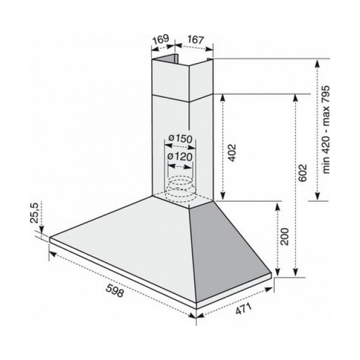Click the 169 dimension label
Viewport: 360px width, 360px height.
tap(161, 39)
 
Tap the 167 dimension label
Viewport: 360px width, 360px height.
tap(196, 40)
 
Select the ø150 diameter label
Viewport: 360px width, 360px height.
tap(181, 139)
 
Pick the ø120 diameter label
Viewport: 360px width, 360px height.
tap(180, 157)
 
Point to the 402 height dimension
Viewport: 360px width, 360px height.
tap(232, 152)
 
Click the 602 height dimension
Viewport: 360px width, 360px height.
tap(302, 172)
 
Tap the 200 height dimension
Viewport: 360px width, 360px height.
tap(284, 236)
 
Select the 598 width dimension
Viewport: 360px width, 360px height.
tap(115, 290)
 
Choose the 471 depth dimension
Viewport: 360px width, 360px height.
tap(244, 308)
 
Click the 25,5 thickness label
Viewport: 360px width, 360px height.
tap(34, 213)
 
